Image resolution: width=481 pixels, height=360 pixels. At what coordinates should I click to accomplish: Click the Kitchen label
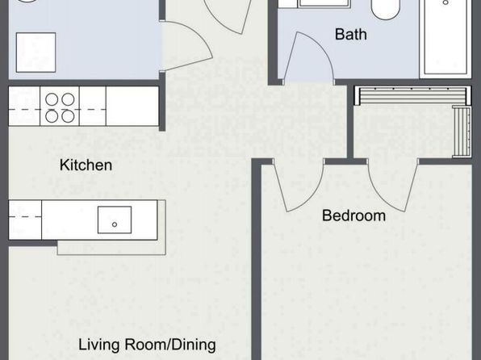click(x=86, y=165)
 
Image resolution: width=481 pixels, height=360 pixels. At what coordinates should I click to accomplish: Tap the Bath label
click(x=350, y=34)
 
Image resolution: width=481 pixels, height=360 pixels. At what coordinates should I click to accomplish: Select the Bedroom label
click(x=353, y=216)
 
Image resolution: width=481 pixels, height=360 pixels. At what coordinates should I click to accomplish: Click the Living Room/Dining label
click(x=147, y=345)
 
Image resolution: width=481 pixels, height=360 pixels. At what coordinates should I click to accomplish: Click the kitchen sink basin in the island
click(x=115, y=220)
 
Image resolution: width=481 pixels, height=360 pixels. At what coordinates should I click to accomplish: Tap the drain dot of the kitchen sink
click(x=115, y=224)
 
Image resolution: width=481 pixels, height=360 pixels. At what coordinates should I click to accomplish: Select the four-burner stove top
click(x=60, y=106)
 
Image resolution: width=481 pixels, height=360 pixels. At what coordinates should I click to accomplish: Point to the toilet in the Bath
click(x=385, y=10)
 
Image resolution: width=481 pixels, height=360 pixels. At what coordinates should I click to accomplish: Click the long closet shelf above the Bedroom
click(x=412, y=95)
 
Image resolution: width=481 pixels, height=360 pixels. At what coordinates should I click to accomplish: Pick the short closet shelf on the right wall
click(x=462, y=132)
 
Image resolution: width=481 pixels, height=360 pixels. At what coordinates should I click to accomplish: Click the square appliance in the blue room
click(x=36, y=52)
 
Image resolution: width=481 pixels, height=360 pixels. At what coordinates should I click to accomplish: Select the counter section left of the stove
click(x=24, y=106)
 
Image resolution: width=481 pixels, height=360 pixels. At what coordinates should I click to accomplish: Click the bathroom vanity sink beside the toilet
click(x=324, y=3)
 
